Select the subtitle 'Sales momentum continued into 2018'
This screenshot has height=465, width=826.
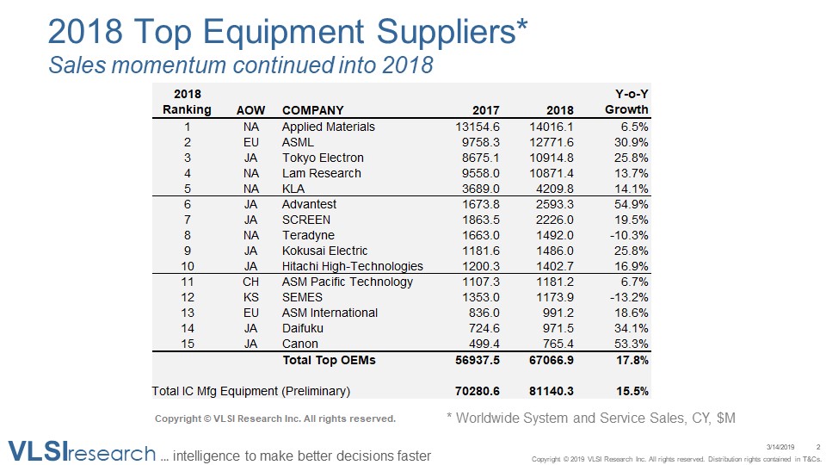(x=240, y=65)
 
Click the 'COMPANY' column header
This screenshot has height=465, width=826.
(x=312, y=110)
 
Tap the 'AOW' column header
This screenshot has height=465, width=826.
(x=251, y=110)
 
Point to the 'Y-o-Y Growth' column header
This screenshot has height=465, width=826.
(x=626, y=102)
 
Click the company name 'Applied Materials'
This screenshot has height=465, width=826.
(x=329, y=127)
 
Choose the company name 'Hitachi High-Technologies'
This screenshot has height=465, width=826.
(x=353, y=266)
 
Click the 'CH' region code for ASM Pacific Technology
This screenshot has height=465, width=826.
(x=251, y=282)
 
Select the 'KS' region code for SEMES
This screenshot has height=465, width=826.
(x=251, y=297)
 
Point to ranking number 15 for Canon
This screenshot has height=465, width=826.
(x=188, y=344)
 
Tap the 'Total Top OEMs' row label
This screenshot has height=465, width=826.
(x=330, y=360)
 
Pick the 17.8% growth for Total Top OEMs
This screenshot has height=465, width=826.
(x=632, y=360)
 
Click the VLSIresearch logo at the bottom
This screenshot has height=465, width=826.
(x=82, y=451)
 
